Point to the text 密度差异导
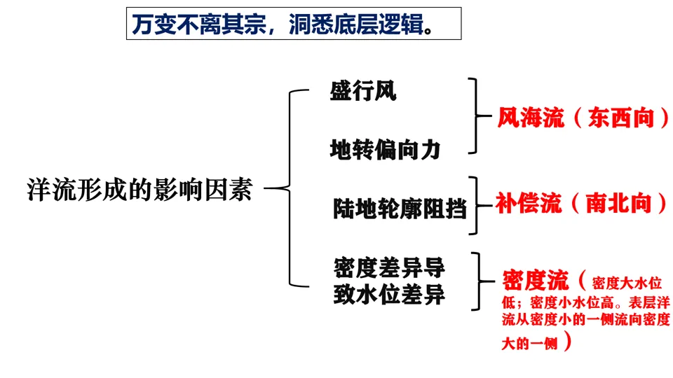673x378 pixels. [389, 269]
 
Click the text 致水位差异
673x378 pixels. [389, 295]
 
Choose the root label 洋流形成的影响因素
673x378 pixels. [139, 189]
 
